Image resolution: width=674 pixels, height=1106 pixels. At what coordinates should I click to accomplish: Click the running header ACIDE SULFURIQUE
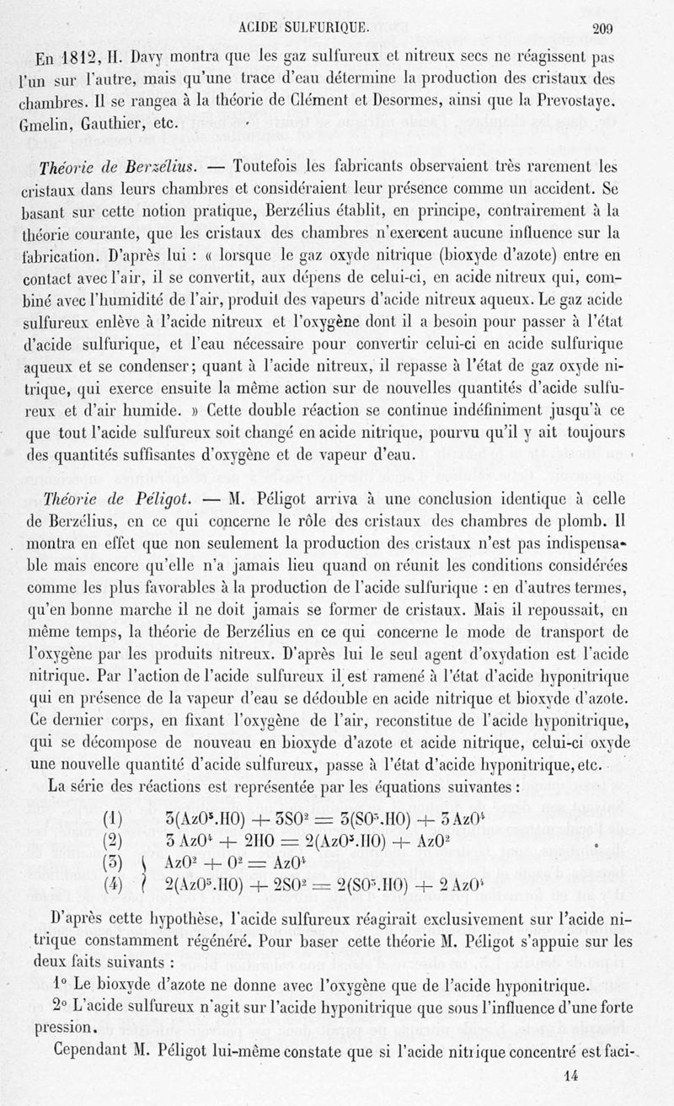[304, 27]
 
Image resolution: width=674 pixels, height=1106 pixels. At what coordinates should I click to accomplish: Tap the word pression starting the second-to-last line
[63, 1029]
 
